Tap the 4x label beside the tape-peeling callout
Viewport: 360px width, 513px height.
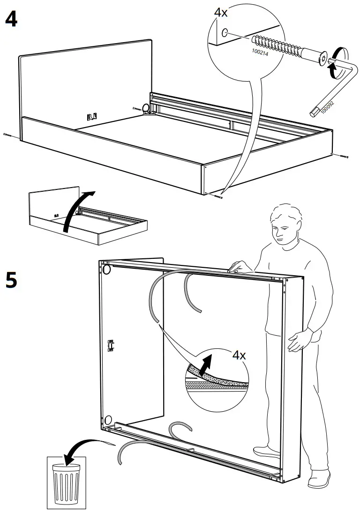[x=239, y=355]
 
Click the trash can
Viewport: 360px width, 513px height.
[x=66, y=480]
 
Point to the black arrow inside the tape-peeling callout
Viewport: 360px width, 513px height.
[x=204, y=365]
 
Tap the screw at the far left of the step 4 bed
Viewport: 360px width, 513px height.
[x=9, y=135]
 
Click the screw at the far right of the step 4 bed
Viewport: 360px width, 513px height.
[x=341, y=155]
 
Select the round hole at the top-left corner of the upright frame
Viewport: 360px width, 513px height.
[x=106, y=270]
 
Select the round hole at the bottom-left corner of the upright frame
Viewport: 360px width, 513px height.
[x=107, y=419]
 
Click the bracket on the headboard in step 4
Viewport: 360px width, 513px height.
[x=92, y=115]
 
